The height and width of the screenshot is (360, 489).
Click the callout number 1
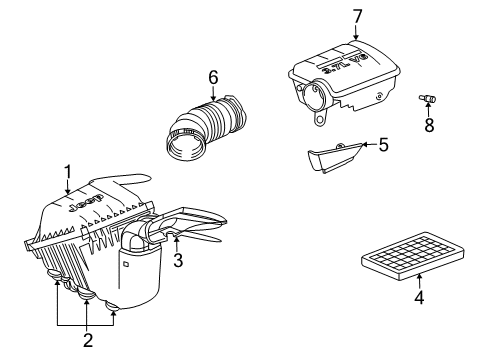(x=67, y=170)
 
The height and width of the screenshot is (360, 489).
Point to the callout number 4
(x=419, y=298)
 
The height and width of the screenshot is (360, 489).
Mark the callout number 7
(x=357, y=15)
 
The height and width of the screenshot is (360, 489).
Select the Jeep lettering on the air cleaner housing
(x=88, y=204)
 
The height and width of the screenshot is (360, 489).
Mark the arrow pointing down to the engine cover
(x=357, y=32)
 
